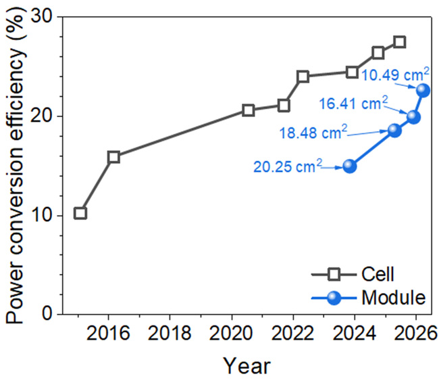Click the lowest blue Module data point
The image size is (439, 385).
tap(350, 166)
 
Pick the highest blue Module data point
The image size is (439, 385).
tap(423, 90)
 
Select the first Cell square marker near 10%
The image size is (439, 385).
tap(80, 213)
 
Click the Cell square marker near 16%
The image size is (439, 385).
tap(113, 157)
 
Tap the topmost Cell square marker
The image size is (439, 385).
tap(399, 42)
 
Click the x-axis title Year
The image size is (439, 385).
tap(247, 366)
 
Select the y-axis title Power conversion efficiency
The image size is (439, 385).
tap(17, 164)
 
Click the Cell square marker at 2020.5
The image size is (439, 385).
tap(248, 110)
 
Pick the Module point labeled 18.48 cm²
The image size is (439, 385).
tap(394, 131)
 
